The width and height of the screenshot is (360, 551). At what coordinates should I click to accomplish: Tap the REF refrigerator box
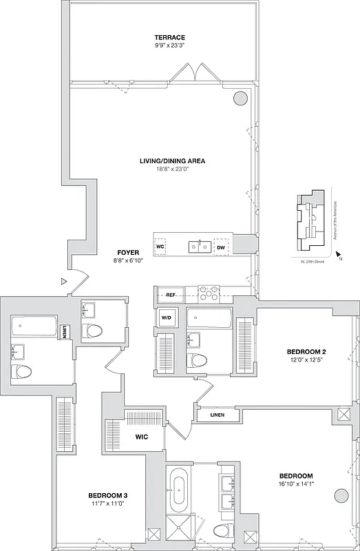[171, 295]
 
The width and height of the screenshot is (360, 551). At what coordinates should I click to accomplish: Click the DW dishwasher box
[221, 246]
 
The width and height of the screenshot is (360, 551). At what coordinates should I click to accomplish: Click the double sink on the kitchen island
[200, 246]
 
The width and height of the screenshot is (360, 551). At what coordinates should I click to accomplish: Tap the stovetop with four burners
[209, 294]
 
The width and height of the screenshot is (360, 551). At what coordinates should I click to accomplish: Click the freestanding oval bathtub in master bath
[180, 489]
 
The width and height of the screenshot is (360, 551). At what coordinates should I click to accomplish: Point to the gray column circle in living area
[240, 98]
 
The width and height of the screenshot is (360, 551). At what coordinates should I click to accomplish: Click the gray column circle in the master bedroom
[340, 496]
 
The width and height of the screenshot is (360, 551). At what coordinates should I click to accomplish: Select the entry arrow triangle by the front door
[63, 281]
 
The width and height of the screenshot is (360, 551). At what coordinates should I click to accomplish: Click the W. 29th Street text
[313, 262]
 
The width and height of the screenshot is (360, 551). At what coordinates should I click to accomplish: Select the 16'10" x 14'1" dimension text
[296, 484]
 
